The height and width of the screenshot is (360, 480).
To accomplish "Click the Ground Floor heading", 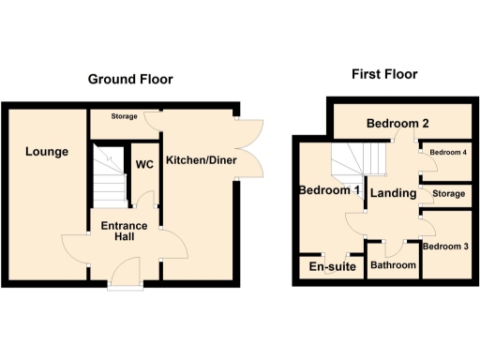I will [x=130, y=80].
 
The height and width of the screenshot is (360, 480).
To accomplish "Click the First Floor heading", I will [x=384, y=74].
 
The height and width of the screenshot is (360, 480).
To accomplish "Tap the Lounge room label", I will [x=47, y=151].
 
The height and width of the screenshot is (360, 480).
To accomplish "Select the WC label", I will [x=144, y=165].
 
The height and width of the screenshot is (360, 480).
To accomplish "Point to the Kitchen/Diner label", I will [x=202, y=160].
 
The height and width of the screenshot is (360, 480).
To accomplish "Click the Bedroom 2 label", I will [x=397, y=124].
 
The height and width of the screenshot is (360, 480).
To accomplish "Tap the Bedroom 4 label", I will [x=447, y=152].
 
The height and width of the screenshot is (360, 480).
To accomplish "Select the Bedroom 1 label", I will [x=329, y=190].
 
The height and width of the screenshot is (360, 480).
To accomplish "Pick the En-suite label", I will [x=332, y=267].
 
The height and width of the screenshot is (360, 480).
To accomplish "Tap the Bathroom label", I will [x=393, y=265].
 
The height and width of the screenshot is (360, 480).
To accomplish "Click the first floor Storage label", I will [x=449, y=193].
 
